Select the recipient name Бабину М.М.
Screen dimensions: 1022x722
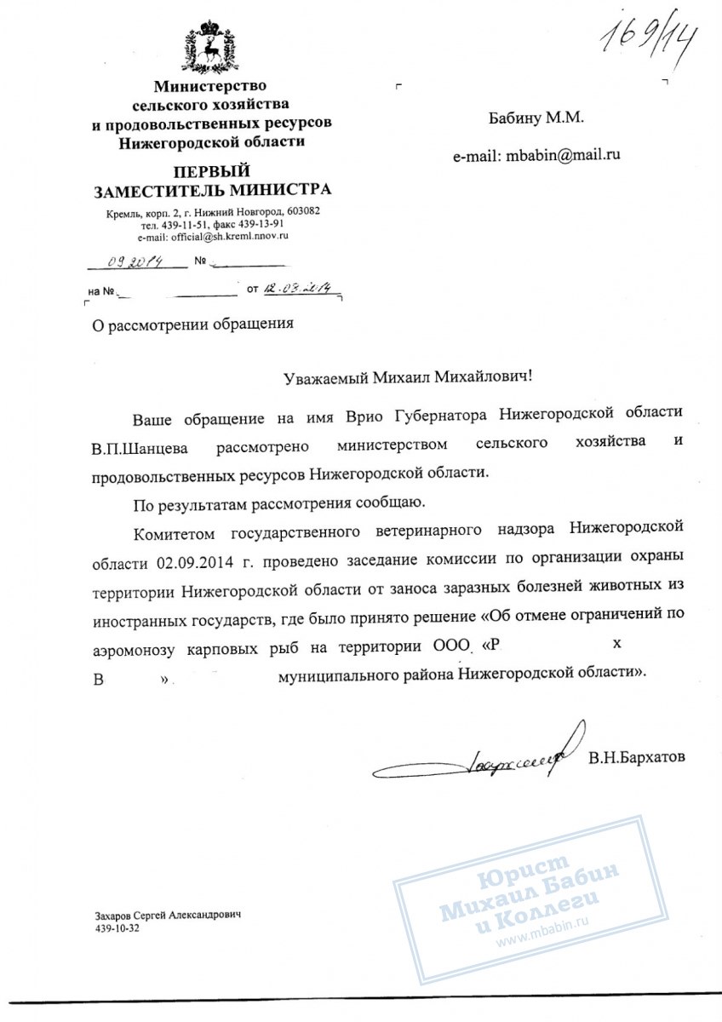536,118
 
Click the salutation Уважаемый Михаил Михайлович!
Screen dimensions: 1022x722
411,375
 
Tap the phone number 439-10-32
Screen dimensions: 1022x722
117,928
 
